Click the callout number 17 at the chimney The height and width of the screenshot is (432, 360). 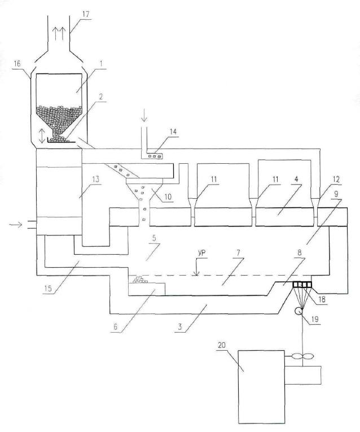(x=86, y=14)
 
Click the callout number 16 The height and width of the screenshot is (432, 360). (x=17, y=64)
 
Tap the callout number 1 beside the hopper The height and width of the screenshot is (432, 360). (x=101, y=64)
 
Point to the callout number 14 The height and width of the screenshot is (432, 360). (x=173, y=132)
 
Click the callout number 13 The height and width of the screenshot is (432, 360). (x=95, y=179)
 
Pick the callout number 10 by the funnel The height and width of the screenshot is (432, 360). (x=168, y=197)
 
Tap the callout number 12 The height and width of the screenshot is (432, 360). (x=337, y=180)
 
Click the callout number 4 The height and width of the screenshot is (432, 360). (x=296, y=180)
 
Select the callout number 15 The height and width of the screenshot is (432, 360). (x=47, y=289)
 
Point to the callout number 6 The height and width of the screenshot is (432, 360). (x=115, y=327)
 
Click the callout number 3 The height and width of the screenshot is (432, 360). (x=180, y=327)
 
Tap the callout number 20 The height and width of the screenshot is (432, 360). (x=222, y=345)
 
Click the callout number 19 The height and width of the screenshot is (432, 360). (x=315, y=319)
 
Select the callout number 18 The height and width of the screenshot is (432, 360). (x=322, y=299)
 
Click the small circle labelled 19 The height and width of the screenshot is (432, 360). (x=298, y=311)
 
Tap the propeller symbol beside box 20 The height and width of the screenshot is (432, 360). (x=302, y=356)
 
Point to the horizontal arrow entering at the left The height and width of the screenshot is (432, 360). (x=16, y=225)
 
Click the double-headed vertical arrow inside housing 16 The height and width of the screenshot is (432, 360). (x=42, y=137)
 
